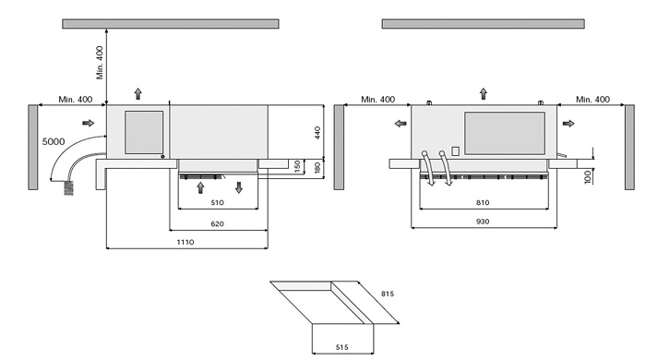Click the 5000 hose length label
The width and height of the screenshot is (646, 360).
[54, 142]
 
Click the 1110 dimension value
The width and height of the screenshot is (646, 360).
[185, 242]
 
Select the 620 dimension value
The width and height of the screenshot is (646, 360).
[217, 224]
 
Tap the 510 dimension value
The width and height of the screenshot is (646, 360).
[217, 203]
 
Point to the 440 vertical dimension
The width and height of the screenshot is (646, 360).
[317, 132]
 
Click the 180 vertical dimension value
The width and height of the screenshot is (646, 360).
[317, 168]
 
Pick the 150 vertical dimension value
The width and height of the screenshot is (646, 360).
[297, 166]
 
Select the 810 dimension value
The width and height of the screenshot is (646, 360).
[483, 203]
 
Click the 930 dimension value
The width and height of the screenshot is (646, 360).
[483, 222]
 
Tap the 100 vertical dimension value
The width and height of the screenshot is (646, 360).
[588, 177]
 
